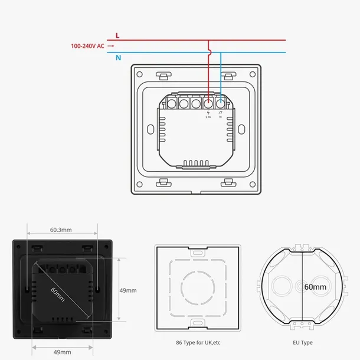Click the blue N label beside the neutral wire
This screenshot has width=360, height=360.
pos(117,57)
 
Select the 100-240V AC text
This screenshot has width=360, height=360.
pos(87,45)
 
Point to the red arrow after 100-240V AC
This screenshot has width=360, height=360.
pos(111,45)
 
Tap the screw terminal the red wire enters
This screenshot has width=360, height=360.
pos(208,104)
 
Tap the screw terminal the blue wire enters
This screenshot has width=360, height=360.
pos(221,104)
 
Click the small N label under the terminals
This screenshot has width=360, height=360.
pos(221,117)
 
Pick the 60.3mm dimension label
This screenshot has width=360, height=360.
pos(61,230)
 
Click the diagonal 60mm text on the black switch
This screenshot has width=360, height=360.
pos(58,292)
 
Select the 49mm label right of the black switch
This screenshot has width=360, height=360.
pos(128,290)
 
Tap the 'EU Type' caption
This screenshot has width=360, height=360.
pos(303,342)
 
